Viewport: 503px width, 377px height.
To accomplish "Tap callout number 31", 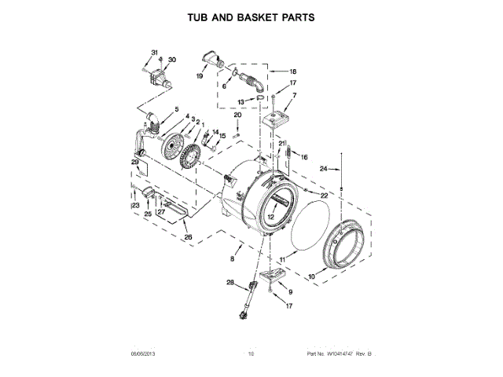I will coord(154,51).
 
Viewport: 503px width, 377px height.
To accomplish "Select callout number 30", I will coord(172,60).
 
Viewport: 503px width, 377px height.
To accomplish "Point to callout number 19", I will coord(200,76).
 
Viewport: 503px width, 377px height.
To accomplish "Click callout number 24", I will coord(323,168).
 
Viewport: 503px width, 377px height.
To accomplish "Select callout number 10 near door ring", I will coord(311,276).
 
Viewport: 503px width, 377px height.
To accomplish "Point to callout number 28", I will coord(231,282).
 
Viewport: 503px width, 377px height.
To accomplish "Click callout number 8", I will coord(232,258).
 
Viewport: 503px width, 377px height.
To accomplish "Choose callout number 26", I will coord(187,236).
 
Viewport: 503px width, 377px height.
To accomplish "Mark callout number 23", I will coord(135,206).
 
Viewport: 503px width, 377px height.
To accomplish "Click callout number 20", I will coord(237,115).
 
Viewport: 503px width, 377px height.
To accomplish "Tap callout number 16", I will coord(304,157).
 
